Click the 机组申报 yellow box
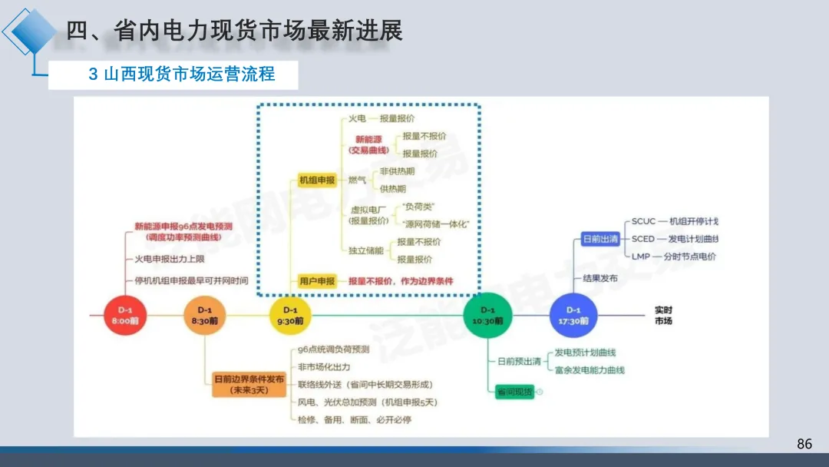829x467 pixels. click(317, 181)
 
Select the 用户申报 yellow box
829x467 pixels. click(317, 281)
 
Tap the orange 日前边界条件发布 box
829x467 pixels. click(249, 384)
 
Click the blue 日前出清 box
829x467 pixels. click(600, 239)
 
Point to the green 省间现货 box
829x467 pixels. click(514, 392)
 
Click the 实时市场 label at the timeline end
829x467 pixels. click(663, 315)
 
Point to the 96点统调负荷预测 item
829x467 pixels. click(334, 349)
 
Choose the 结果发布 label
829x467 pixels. click(600, 278)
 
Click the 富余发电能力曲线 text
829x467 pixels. click(590, 370)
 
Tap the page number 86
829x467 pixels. click(804, 444)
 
